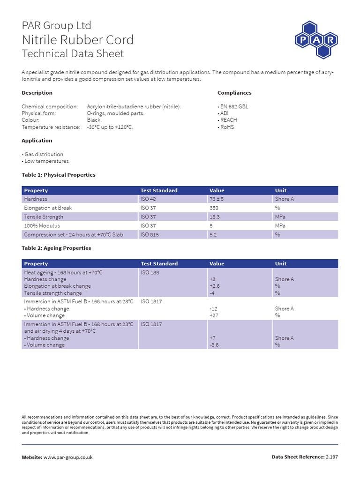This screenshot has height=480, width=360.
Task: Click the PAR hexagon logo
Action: coord(316,40)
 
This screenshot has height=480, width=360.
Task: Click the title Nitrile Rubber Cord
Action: coord(78,39)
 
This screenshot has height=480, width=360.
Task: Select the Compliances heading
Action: coord(234,93)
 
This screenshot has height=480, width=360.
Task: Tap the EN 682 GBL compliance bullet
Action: coord(234,106)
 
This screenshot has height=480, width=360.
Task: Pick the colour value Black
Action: coord(94,120)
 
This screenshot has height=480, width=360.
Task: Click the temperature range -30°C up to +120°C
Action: coord(110,127)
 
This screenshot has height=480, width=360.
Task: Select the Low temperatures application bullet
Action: coord(45,161)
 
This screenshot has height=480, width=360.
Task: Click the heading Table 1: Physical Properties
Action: coord(59,175)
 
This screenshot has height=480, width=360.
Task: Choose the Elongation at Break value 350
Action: coord(214,208)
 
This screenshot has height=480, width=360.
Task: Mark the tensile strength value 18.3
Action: coord(215,217)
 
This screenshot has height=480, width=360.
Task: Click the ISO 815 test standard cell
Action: coord(150,235)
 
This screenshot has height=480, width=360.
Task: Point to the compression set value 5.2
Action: coord(213,235)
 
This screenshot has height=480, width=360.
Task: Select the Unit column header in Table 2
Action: coord(281,264)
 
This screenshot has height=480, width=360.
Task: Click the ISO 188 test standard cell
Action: coord(150,272)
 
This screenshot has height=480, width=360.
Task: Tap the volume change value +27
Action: coord(214,315)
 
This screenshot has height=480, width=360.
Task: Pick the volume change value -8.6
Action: coord(214,345)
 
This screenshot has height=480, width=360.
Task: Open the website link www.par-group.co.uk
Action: coord(68,457)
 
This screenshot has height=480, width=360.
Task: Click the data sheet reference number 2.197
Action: coord(331,457)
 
